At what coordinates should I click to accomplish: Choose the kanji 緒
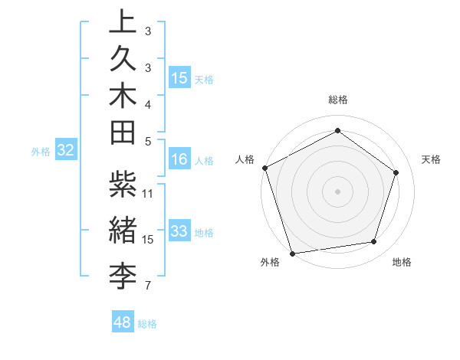pos(123,227)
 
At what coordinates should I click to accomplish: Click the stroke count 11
pos(148,193)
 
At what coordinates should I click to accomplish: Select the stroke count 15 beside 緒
pos(148,240)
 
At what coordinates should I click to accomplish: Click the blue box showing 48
pos(123,322)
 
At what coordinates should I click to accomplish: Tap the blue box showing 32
pos(66,151)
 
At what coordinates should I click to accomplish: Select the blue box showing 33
pos(179,231)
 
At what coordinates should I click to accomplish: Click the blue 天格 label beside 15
pos(204,79)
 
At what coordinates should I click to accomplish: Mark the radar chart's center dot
pos(337,191)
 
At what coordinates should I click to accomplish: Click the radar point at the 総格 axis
pos(337,130)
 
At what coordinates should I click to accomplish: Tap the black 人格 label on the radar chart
pos(245,159)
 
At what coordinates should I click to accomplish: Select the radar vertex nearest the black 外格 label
pos(292,253)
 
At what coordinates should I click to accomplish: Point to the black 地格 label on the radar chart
pos(402,263)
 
